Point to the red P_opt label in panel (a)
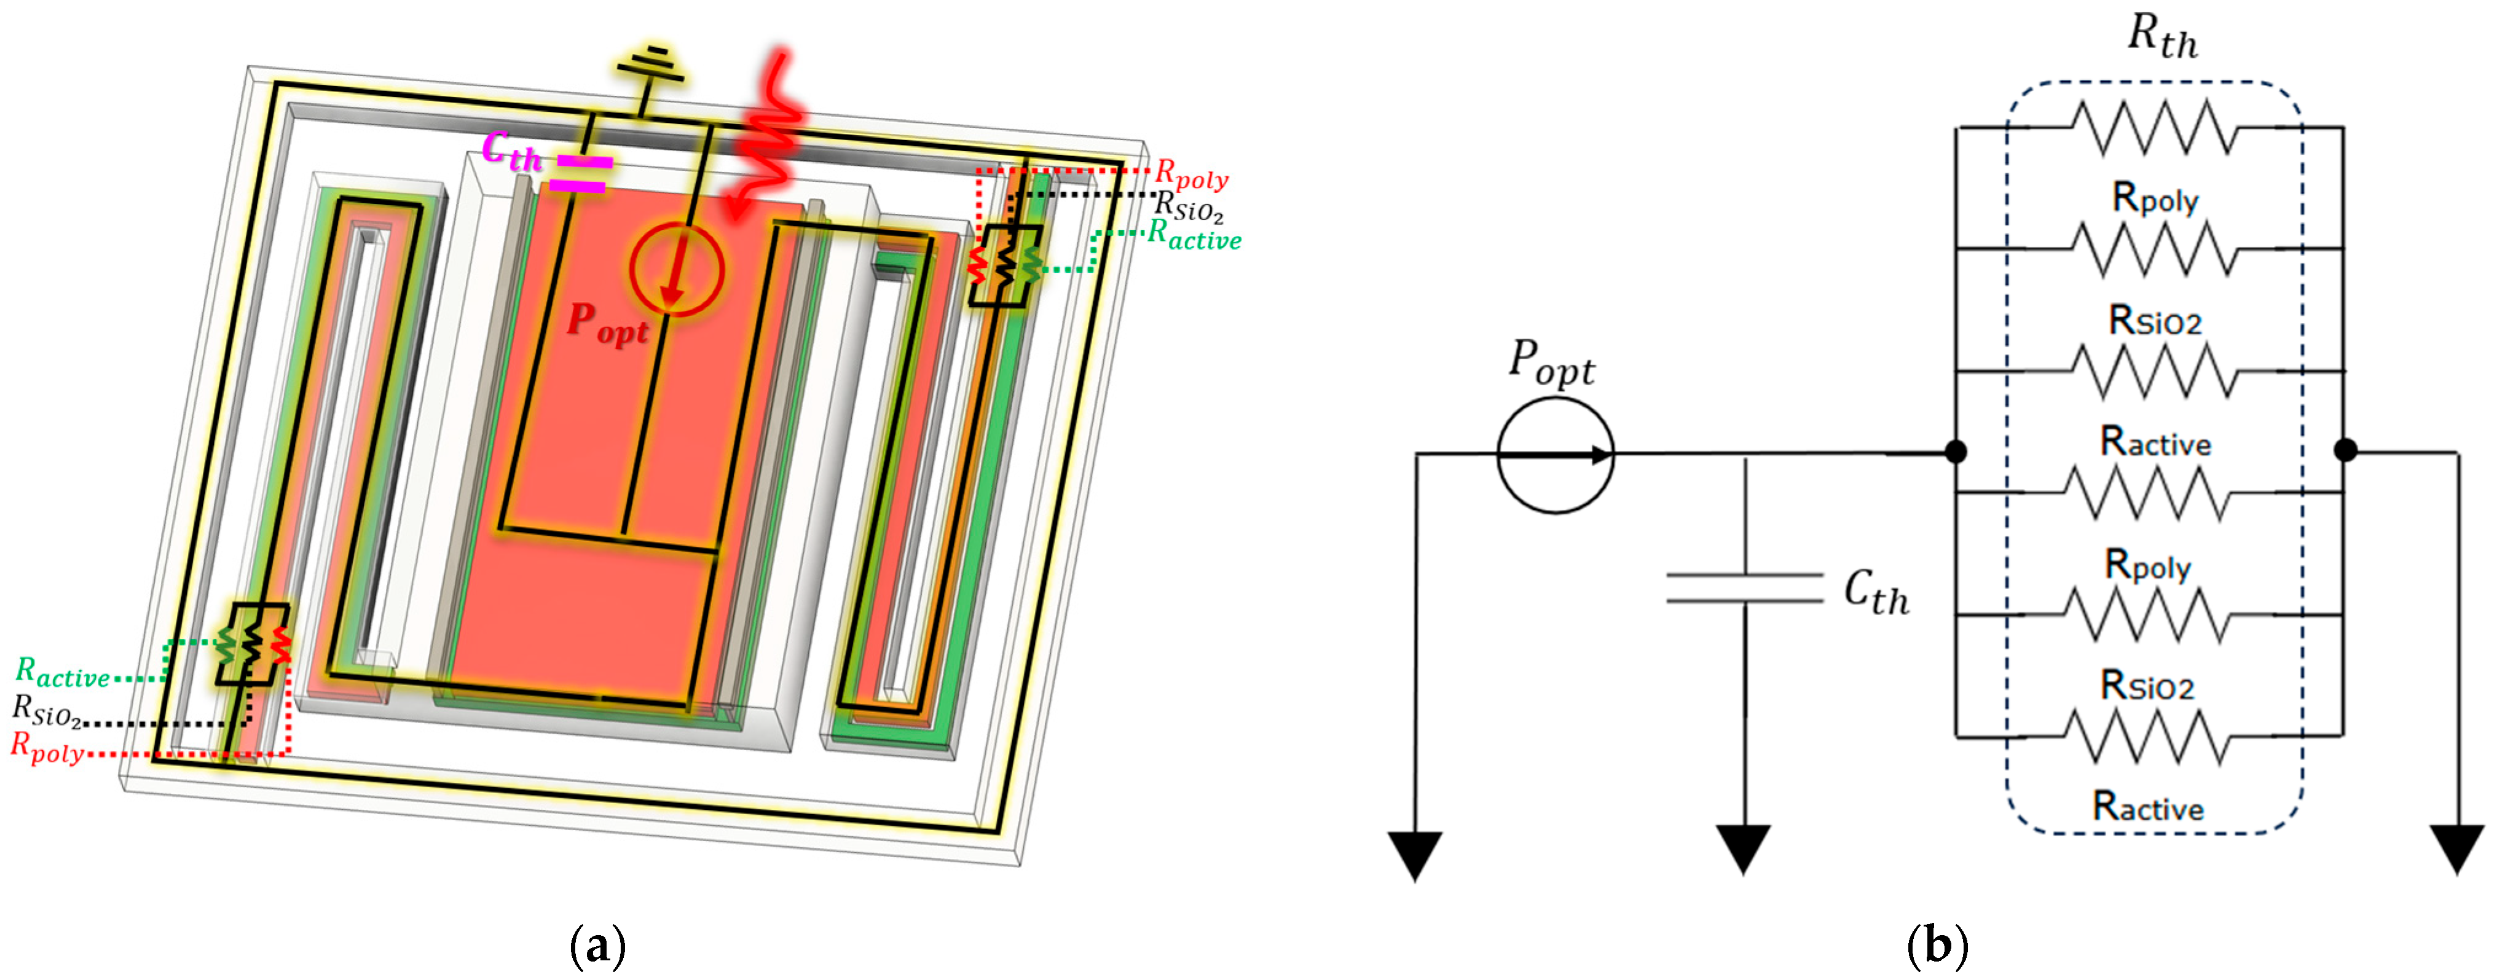pos(607,323)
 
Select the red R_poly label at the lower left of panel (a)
pos(47,748)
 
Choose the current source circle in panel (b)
pos(1555,454)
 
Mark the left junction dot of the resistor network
pos(1956,451)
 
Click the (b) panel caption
pos(1937,945)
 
